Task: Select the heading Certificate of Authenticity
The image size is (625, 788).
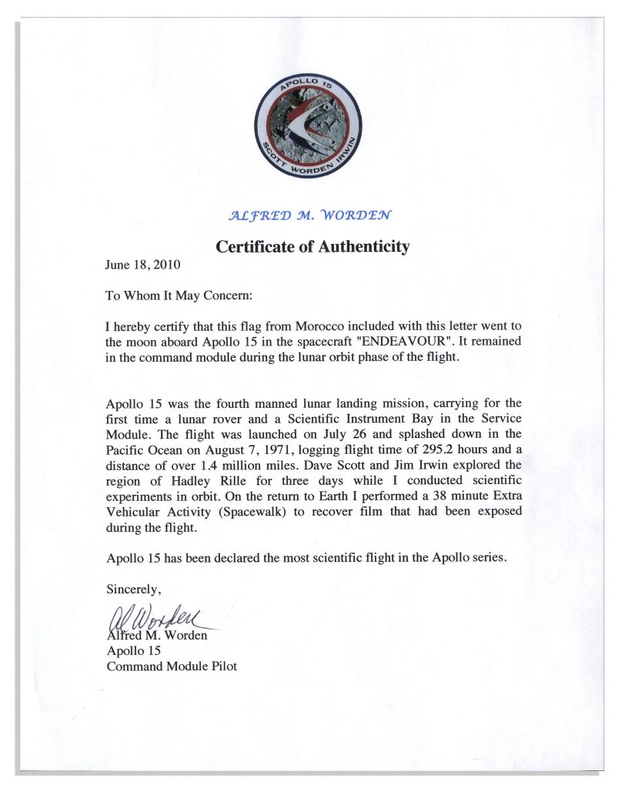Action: tap(312, 247)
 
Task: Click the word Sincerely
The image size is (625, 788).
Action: tap(133, 590)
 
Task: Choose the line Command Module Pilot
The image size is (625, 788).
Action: tap(172, 666)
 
